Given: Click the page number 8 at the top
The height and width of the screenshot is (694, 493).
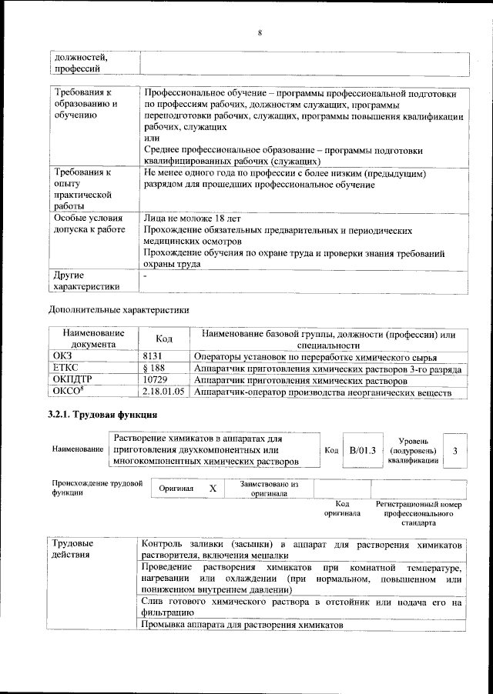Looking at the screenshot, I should tap(260, 32).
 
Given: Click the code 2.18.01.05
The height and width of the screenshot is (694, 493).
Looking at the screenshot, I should tap(164, 392).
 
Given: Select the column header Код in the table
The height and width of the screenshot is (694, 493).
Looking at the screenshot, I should tap(164, 339).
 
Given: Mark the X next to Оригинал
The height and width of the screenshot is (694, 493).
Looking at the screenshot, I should tap(213, 489).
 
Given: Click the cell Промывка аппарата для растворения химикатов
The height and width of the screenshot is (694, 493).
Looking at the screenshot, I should tap(243, 626).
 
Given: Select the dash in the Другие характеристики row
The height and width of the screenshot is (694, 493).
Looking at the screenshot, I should tap(146, 275).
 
